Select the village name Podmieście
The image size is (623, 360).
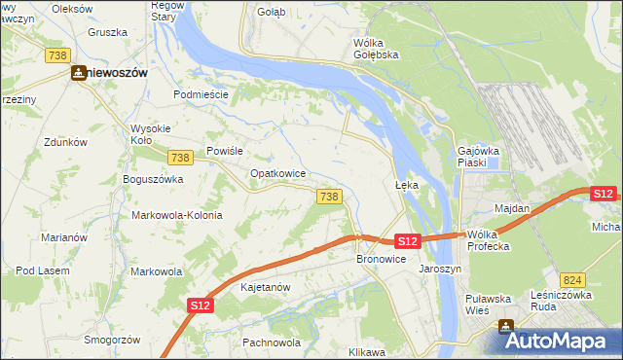pyautogui.click(x=201, y=94)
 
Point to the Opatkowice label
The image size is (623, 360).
pyautogui.click(x=278, y=173)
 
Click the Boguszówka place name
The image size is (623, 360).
pyautogui.click(x=153, y=179)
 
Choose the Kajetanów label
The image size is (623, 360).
pyautogui.click(x=266, y=288)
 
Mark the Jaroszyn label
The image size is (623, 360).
pyautogui.click(x=439, y=268)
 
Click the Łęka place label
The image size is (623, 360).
pyautogui.click(x=406, y=184)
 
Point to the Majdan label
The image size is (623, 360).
pyautogui.click(x=512, y=208)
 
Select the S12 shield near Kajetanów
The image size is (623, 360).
pyautogui.click(x=200, y=306)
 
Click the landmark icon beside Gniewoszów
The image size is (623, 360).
pyautogui.click(x=77, y=72)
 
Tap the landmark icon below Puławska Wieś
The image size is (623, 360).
pyautogui.click(x=506, y=327)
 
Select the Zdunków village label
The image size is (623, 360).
pyautogui.click(x=66, y=142)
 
